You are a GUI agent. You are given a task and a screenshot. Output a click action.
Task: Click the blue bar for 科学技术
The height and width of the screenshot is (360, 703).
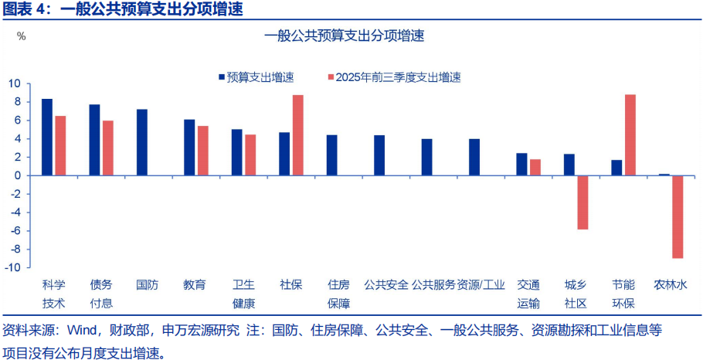coord(47,137)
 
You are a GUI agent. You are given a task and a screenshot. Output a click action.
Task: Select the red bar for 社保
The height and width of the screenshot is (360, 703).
coord(297,135)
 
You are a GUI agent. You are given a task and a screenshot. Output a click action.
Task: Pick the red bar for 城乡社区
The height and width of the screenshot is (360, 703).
coord(582,202)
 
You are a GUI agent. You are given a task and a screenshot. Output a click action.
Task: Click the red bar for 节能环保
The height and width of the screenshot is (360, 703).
coord(630,134)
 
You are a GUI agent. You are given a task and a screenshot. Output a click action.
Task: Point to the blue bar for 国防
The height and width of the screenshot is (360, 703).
coord(142,142)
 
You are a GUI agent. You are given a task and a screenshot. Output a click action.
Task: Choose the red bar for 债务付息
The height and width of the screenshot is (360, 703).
coord(108,148)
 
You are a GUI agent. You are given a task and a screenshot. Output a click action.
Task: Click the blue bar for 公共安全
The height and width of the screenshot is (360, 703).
coord(379,155)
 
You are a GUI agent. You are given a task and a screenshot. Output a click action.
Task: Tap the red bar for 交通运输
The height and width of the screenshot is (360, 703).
coord(535,167)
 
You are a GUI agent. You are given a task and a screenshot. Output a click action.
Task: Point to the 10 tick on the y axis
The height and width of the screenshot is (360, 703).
coord(15,83)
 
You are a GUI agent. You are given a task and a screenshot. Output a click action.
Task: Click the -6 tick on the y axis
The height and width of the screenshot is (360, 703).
coord(15,230)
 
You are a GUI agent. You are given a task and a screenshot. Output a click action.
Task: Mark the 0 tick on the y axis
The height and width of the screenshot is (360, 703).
coord(17,175)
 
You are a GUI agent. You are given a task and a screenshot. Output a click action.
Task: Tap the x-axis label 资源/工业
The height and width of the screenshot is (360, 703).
coord(481,284)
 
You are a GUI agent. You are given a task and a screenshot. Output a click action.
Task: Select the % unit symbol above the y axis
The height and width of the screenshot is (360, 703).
coord(21,36)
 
